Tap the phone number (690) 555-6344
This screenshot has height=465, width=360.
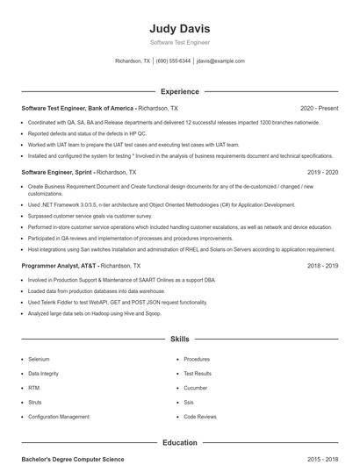click(x=173, y=61)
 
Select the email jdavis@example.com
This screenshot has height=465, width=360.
click(x=220, y=61)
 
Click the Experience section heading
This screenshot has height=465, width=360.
click(x=179, y=91)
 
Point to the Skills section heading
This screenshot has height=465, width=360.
click(x=179, y=338)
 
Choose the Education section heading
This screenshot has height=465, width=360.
click(x=179, y=443)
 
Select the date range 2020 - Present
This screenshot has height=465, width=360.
click(x=319, y=108)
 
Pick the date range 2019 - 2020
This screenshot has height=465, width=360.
click(x=321, y=173)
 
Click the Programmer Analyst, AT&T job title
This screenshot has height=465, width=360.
click(x=61, y=265)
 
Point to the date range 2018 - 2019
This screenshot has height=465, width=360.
click(x=321, y=265)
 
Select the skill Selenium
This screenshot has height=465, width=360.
click(x=39, y=359)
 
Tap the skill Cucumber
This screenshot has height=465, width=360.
click(x=196, y=387)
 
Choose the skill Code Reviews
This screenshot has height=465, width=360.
click(x=199, y=416)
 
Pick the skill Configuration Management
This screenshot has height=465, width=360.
click(x=59, y=416)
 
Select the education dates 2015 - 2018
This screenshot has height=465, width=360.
click(x=321, y=459)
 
